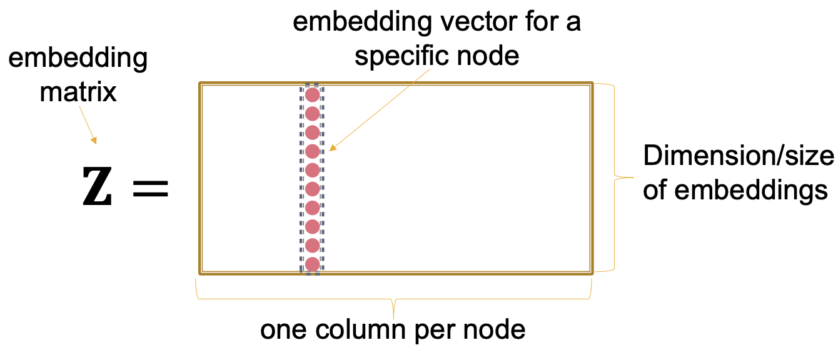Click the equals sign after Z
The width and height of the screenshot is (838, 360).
pyautogui.click(x=151, y=188)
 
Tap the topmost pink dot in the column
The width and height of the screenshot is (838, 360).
pyautogui.click(x=312, y=96)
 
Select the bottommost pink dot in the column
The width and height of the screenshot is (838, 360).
pyautogui.click(x=312, y=264)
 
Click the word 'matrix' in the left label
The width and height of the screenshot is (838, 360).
pyautogui.click(x=78, y=92)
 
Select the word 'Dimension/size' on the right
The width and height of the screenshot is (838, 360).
pyautogui.click(x=739, y=156)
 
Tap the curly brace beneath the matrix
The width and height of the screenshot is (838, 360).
pyautogui.click(x=394, y=301)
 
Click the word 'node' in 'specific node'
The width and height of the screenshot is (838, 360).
pyautogui.click(x=492, y=56)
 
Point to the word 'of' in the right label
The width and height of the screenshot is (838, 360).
pyautogui.click(x=655, y=190)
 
